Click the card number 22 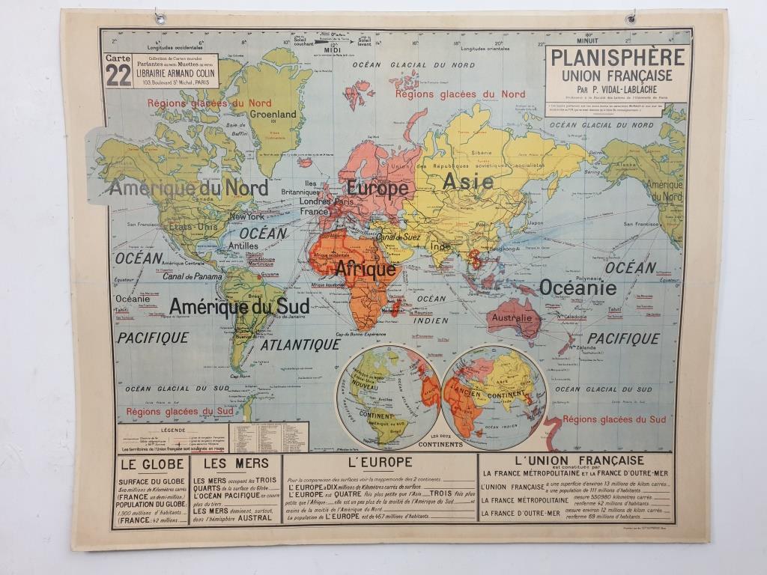[x=118, y=75]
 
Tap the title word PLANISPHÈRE [x=616, y=57]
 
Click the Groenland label [x=273, y=115]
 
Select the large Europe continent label [x=377, y=188]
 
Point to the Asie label [x=467, y=181]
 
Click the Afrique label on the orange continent [x=365, y=269]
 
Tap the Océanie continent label [x=577, y=287]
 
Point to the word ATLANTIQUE [x=300, y=344]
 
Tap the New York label [x=246, y=216]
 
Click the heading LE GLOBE [x=150, y=463]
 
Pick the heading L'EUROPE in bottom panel [x=381, y=463]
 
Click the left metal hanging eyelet [x=159, y=17]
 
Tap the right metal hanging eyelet [x=631, y=16]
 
